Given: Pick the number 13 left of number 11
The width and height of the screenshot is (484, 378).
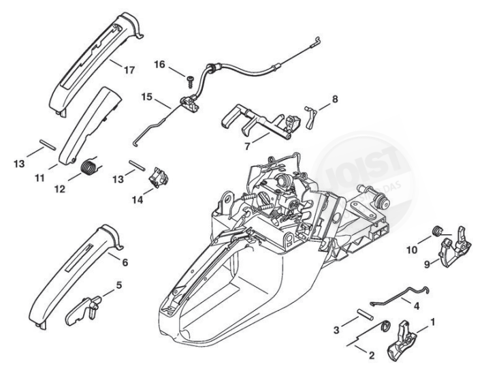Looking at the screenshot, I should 19,163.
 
